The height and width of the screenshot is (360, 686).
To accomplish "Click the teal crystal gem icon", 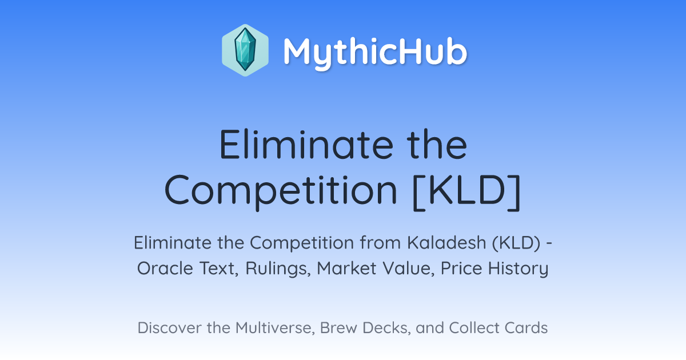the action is (245, 50).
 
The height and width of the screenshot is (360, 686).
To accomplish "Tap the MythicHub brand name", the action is (375, 52).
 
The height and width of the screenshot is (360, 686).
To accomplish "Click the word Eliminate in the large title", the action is (306, 145).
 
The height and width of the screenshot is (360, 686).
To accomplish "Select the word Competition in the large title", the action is (281, 190).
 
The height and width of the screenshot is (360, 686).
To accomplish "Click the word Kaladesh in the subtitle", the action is (446, 243).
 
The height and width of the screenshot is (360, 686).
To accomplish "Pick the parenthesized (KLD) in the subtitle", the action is (516, 243).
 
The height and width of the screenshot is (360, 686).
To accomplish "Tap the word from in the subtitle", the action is (380, 243).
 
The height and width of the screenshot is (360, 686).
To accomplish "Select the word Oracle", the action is (165, 269).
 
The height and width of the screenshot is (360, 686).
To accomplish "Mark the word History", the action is (518, 269).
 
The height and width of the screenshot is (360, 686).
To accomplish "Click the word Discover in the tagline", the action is (169, 328).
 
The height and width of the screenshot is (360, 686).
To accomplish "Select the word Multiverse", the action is (276, 328).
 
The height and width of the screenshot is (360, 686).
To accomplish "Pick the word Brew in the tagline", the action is (338, 328).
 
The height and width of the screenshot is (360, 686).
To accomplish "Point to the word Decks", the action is (386, 328).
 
